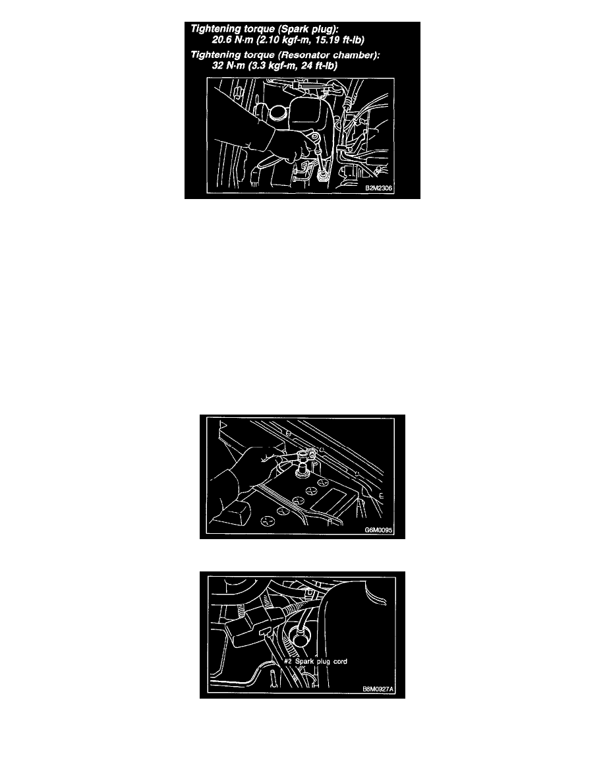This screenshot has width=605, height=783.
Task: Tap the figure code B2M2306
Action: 378,188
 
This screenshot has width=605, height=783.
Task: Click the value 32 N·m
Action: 228,65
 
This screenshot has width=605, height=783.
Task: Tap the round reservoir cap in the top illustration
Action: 276,113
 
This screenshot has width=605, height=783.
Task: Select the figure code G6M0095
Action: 378,530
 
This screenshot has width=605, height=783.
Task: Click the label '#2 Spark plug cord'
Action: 316,661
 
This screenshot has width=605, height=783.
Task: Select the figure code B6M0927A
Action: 378,689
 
